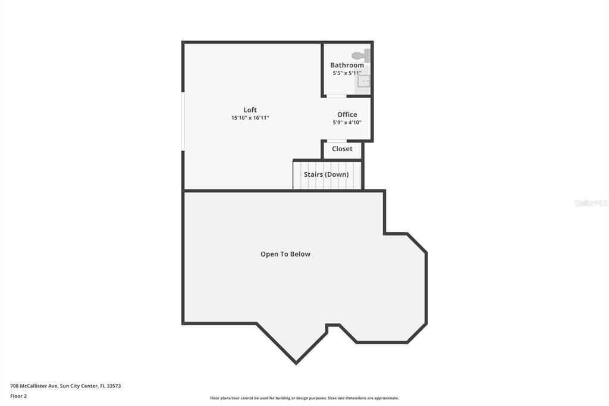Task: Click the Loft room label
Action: pos(250,110)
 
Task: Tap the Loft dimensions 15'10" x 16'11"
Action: pos(250,118)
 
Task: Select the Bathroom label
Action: pos(347,65)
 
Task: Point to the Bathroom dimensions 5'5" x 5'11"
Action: pos(347,73)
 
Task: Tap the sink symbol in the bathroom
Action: pos(363,82)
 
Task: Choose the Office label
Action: pos(347,114)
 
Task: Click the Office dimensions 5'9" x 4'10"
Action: pos(347,122)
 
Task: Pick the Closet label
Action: pos(342,149)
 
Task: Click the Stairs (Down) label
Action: pos(327,174)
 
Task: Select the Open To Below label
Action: pos(285,254)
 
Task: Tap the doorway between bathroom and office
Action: pos(337,96)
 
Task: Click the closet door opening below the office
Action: pos(337,140)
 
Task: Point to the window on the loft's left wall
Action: pos(183,121)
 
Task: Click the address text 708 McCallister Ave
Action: pos(34,386)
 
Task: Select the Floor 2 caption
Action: pos(18,396)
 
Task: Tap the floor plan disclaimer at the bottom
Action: pos(304,398)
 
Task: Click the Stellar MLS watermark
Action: pos(591,203)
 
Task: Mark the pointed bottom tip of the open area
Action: pos(296,364)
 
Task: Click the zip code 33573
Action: pos(114,386)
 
